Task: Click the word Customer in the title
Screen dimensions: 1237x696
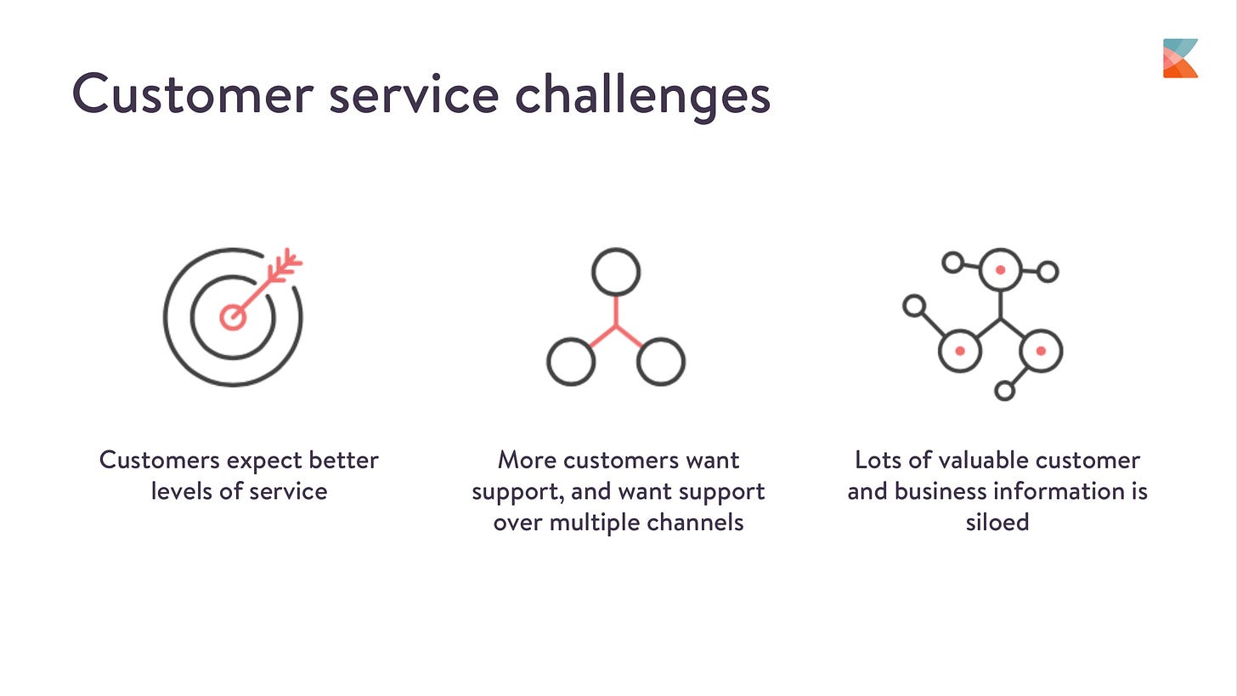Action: [192, 93]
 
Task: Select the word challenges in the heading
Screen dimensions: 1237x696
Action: [642, 95]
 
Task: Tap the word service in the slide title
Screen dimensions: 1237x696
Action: [413, 93]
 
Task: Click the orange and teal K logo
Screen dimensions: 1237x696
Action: [1180, 58]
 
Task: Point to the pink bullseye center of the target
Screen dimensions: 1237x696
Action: [232, 317]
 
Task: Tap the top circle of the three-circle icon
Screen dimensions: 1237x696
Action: [615, 272]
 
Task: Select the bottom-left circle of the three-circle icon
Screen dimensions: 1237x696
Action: [570, 361]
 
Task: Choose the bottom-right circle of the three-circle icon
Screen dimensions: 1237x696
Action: [660, 361]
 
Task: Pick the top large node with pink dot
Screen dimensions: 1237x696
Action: [1000, 269]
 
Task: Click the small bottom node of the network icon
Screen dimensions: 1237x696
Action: [1004, 391]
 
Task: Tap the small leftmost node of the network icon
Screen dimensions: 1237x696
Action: [913, 305]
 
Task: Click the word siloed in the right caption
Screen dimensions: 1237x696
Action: [997, 522]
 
